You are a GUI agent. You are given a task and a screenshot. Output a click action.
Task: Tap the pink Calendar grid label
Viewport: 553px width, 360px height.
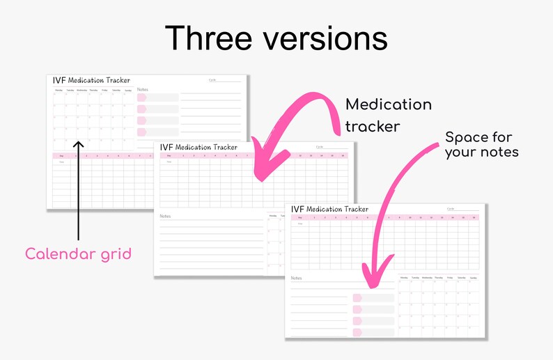tap(78, 254)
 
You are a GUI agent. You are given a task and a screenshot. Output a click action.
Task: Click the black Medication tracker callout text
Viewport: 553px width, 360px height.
tap(388, 115)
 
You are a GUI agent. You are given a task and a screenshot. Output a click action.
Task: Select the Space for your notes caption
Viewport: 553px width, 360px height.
tap(481, 144)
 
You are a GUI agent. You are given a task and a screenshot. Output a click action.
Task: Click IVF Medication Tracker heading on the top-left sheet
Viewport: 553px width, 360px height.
tap(91, 81)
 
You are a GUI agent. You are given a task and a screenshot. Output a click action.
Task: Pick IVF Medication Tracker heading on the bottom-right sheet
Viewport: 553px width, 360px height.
tap(329, 209)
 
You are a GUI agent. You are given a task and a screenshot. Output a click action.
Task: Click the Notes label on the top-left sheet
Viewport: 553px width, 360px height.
tap(142, 90)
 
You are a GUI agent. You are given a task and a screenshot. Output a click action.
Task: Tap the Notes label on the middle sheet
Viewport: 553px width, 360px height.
tap(165, 217)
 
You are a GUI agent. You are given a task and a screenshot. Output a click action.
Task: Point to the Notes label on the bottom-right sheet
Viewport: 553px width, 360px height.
tap(296, 279)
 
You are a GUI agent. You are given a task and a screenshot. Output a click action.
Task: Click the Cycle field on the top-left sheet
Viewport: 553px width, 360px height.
tap(212, 80)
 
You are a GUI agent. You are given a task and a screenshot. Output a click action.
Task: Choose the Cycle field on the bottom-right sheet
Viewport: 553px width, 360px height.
tap(451, 209)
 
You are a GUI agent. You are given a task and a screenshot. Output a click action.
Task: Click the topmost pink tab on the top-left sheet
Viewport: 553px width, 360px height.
tap(141, 98)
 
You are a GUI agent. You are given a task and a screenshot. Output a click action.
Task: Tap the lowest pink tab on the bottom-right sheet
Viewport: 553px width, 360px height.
tap(357, 332)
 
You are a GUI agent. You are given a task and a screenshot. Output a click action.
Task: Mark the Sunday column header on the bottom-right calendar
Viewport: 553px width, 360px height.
tap(473, 278)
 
